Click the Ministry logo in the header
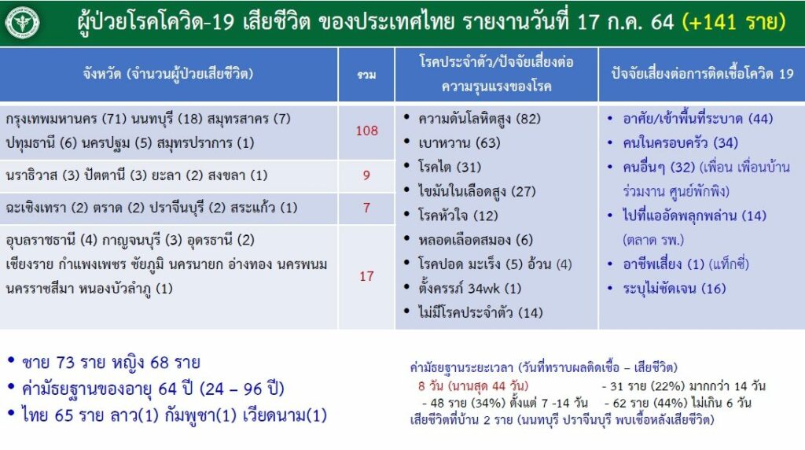pos(22,23)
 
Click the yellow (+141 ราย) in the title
pos(734,21)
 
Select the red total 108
pos(366,131)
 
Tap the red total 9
pos(366,175)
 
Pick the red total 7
pos(366,208)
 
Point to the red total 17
pos(366,276)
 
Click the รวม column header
pos(366,75)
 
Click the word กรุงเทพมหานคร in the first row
pos(51,119)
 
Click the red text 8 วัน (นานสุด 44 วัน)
pos(472,385)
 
